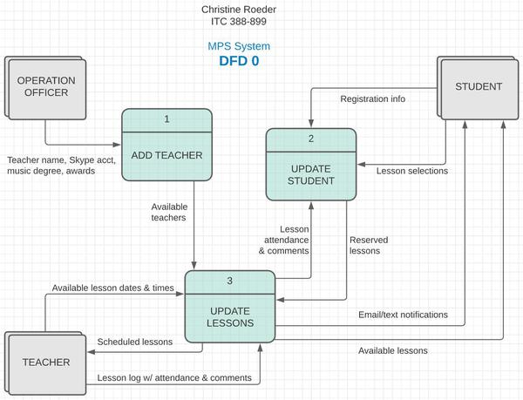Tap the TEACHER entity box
tap(45, 361)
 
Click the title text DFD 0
tap(239, 61)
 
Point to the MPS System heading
tap(239, 46)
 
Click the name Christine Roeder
tap(239, 10)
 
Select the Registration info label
tap(372, 98)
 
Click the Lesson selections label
tap(412, 171)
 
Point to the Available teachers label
tap(168, 212)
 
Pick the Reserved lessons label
tap(369, 245)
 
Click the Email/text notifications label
tap(403, 314)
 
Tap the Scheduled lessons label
tap(135, 342)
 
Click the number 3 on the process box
tap(229, 281)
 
